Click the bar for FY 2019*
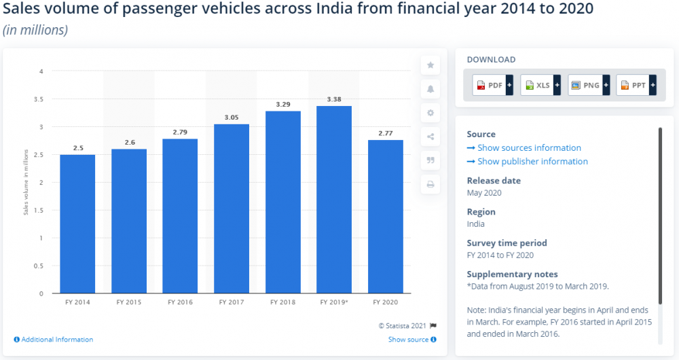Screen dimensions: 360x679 tap(334, 200)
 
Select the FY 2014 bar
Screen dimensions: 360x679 tap(77, 224)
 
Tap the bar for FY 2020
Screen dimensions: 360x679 tap(385, 217)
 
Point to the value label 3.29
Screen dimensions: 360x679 tap(282, 105)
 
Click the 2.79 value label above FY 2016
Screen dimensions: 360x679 tap(180, 132)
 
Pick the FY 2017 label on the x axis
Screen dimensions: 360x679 tap(231, 302)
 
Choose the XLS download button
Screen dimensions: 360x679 tap(540, 86)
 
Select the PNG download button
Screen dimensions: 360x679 tap(589, 86)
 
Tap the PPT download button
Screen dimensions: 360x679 tap(636, 86)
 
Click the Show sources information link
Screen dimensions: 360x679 tap(528, 148)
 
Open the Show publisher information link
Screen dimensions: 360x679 tap(532, 162)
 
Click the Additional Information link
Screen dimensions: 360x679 tap(54, 340)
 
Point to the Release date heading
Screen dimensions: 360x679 tap(494, 181)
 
